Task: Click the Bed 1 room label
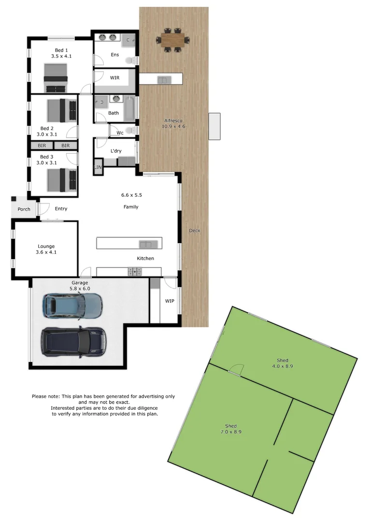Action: (x=61, y=53)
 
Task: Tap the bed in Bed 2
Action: (x=61, y=110)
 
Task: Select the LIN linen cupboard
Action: (x=98, y=167)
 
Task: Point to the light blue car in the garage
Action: (x=72, y=304)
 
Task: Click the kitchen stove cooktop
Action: (x=135, y=272)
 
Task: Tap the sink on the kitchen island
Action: (x=145, y=244)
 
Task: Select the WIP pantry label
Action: (x=170, y=301)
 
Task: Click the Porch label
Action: (x=24, y=209)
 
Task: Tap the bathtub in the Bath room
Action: (x=130, y=109)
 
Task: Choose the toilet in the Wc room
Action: (x=132, y=131)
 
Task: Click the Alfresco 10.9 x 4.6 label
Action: (x=174, y=123)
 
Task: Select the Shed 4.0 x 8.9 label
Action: (x=283, y=363)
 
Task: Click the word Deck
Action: (x=194, y=231)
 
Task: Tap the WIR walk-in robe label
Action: (x=114, y=77)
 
